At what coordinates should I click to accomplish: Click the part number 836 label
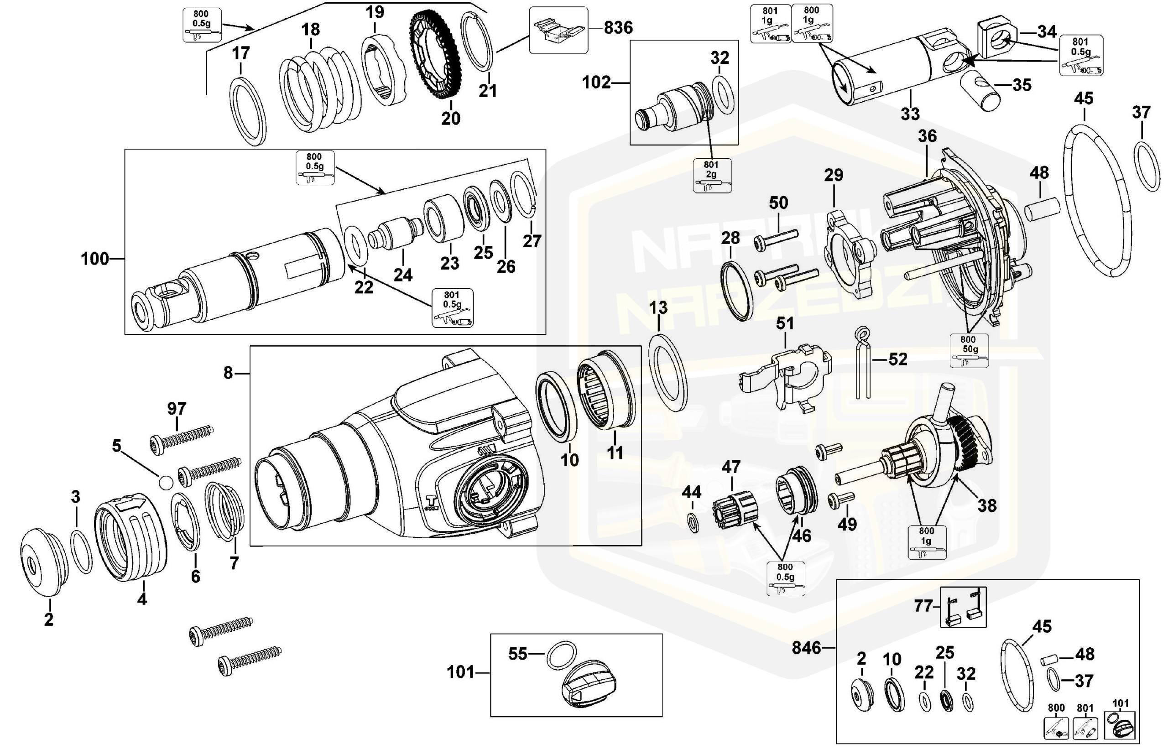(x=618, y=28)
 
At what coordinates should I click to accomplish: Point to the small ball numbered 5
(x=166, y=482)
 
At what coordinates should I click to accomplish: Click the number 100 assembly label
(x=95, y=259)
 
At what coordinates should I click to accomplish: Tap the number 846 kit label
(x=806, y=648)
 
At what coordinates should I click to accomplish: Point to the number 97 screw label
(x=177, y=409)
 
